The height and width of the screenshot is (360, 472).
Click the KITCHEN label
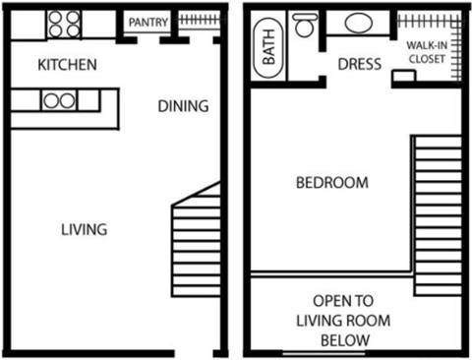(x=66, y=66)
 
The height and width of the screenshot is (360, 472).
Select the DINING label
(x=183, y=106)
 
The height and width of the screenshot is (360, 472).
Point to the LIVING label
(x=84, y=229)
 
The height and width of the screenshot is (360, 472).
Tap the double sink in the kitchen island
(x=58, y=99)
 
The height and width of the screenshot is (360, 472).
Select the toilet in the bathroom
(x=303, y=26)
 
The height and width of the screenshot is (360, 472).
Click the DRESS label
(x=359, y=65)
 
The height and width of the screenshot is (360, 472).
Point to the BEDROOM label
(x=333, y=183)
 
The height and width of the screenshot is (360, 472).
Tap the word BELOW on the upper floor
(x=343, y=340)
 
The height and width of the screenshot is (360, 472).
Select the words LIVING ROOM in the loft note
(x=343, y=321)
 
